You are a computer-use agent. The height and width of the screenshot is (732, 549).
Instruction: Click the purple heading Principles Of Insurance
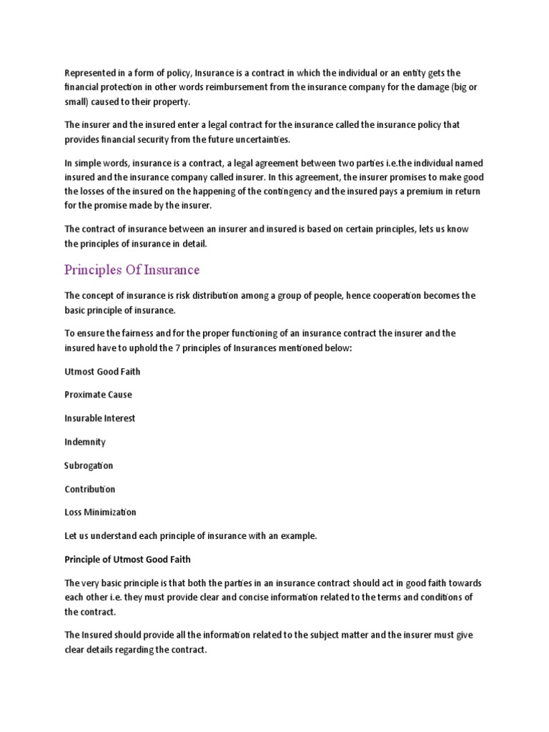pos(132,270)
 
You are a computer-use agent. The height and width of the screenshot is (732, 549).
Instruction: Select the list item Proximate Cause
pos(98,395)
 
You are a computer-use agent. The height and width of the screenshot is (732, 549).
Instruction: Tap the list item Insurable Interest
pos(99,418)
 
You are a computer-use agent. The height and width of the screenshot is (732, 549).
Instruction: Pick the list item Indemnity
pos(84,442)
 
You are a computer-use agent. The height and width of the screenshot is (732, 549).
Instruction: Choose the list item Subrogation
pos(89,465)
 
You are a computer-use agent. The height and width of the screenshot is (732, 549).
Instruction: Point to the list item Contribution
pos(89,489)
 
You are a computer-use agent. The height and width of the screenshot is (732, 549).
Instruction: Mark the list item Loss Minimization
pos(100,513)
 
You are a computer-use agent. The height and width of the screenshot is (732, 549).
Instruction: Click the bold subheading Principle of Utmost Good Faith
pos(127,559)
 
